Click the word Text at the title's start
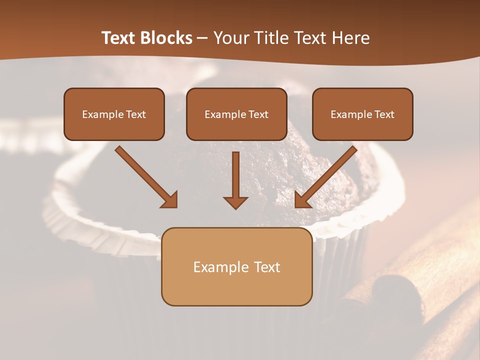(x=119, y=38)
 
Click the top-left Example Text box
(x=114, y=114)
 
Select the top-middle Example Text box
(x=236, y=114)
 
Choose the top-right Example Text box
(x=362, y=114)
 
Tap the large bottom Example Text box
(x=236, y=266)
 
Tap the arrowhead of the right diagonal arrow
(x=302, y=199)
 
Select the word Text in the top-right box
(x=384, y=114)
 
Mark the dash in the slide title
(x=202, y=38)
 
